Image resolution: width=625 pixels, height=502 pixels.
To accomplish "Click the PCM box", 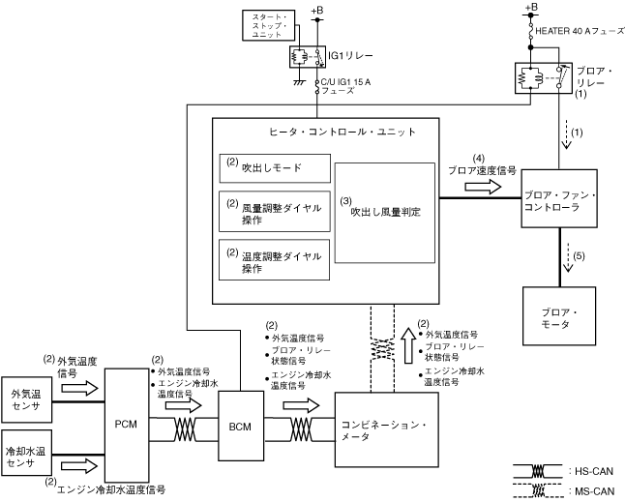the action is (x=127, y=426).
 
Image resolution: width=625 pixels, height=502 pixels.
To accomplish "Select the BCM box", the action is (x=241, y=426).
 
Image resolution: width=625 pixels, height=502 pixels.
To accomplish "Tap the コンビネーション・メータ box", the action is (x=387, y=429).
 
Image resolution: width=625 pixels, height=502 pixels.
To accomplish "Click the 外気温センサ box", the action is (x=27, y=399).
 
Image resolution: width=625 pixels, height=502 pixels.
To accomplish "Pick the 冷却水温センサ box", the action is (x=27, y=453).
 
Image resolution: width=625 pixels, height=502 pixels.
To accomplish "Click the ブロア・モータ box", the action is (x=559, y=316).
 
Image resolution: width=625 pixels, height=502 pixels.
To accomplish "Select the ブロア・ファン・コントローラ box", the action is (x=559, y=198).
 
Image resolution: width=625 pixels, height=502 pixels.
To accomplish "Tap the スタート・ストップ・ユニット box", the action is (x=269, y=25).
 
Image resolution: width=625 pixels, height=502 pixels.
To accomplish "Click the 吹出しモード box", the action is (x=275, y=168).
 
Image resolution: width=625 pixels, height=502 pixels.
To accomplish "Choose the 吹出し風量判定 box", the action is (x=385, y=213).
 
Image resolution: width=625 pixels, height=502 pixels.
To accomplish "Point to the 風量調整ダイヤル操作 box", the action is (x=275, y=212).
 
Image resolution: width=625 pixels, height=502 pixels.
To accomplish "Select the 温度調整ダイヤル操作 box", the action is (x=274, y=260).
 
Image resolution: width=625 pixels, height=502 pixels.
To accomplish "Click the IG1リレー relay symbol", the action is (x=308, y=56).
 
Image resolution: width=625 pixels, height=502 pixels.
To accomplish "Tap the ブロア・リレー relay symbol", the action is (x=544, y=78).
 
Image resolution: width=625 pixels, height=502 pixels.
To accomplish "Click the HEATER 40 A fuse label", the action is (x=580, y=31).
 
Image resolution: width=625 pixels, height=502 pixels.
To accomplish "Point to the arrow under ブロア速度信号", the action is (x=483, y=186).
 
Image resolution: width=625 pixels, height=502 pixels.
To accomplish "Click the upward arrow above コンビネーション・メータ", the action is (x=407, y=345).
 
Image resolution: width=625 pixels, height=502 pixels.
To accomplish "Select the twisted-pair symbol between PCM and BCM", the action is (x=185, y=429).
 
